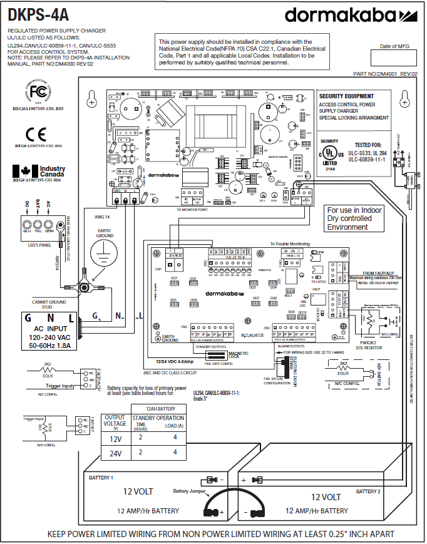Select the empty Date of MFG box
[x=393, y=58]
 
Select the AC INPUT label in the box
[x=48, y=329]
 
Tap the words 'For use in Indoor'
[x=354, y=210]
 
